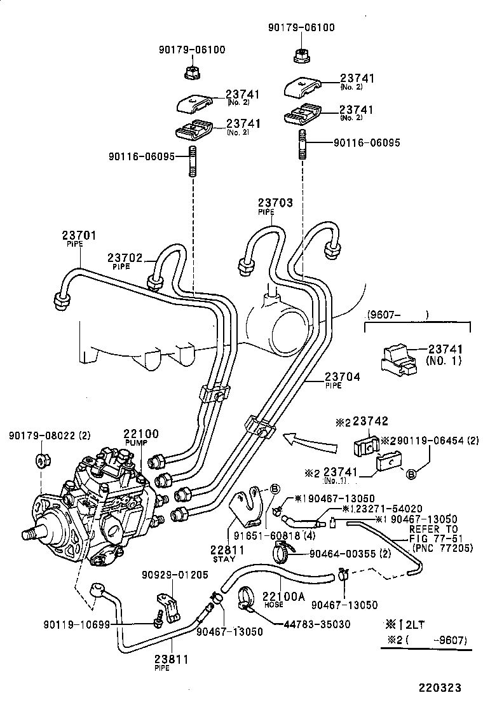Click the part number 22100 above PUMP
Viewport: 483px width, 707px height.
141,434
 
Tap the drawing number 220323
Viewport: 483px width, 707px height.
439,688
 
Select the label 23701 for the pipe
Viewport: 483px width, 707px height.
79,235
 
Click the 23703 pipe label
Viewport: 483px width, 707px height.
275,203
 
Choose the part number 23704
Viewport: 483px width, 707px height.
343,377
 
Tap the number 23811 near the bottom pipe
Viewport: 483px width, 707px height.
172,659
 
